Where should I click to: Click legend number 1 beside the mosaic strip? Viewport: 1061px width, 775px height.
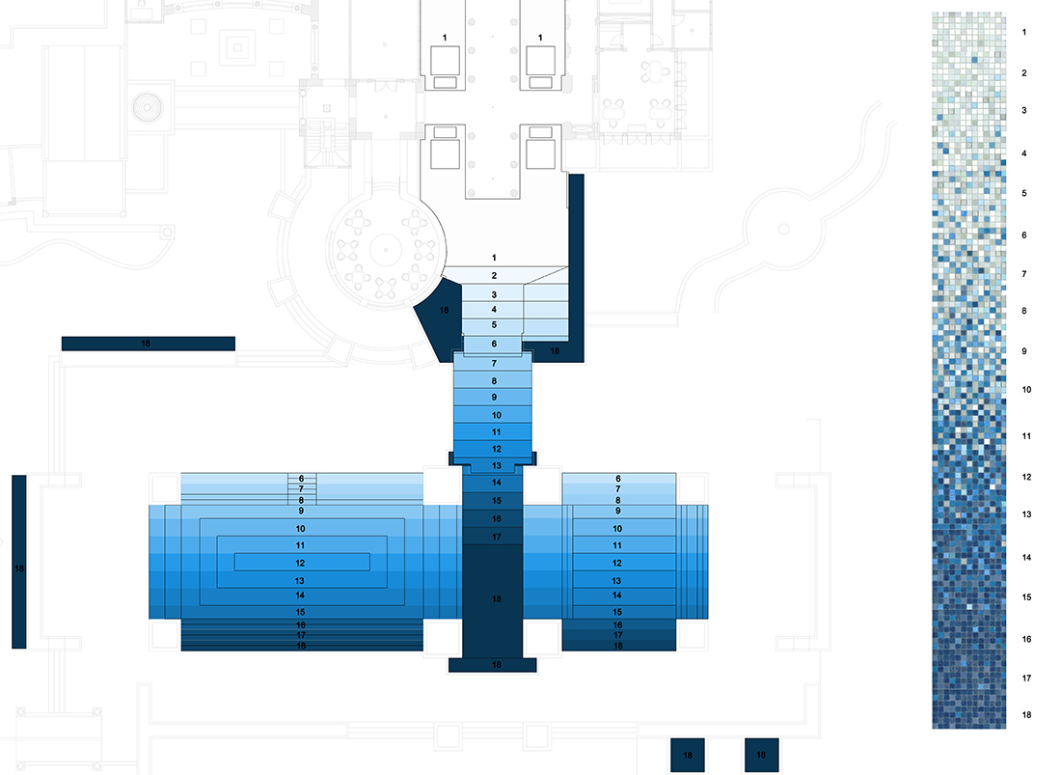point(1023,32)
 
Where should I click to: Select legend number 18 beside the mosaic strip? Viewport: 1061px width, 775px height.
point(1026,715)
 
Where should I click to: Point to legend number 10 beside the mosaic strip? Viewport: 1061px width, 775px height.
point(1026,390)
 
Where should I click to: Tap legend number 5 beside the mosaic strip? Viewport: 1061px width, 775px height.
point(1023,193)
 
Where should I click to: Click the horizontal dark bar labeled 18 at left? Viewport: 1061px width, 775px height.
point(148,344)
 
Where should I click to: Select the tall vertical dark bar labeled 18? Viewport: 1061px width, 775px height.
point(19,562)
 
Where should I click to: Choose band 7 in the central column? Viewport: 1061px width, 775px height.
point(494,363)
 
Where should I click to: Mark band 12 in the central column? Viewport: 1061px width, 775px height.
point(496,449)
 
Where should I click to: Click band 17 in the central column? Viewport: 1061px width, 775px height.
point(496,537)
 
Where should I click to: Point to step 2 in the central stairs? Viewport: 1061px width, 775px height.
point(494,276)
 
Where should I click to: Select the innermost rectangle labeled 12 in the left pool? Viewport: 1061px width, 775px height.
point(300,562)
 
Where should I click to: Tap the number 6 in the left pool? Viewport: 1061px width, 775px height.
point(301,479)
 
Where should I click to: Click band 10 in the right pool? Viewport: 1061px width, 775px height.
point(617,529)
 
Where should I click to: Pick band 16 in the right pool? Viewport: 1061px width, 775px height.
point(617,624)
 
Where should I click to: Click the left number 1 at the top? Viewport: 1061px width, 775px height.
point(445,38)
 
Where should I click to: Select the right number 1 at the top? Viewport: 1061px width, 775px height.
point(540,38)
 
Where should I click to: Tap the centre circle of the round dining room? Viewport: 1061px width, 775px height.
point(385,248)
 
